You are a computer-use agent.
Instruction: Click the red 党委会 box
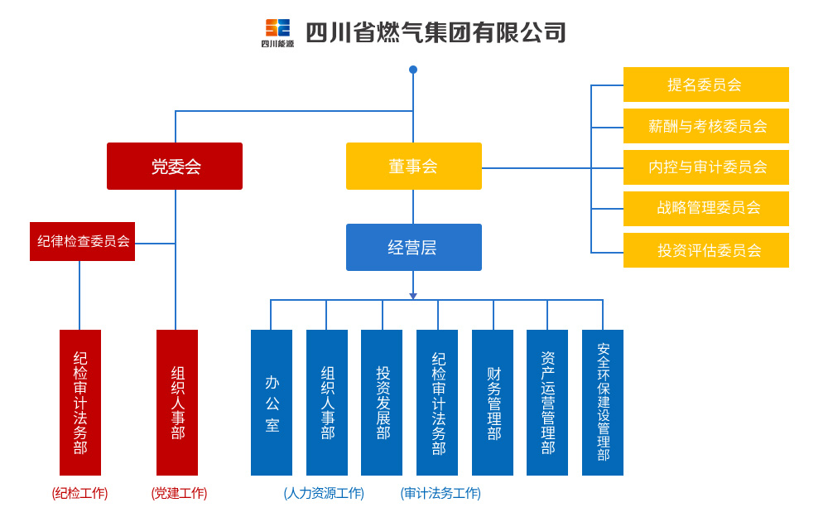175,166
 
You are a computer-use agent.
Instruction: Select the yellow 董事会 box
414,166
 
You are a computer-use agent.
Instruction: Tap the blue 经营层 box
414,247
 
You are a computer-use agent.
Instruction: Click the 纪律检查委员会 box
82,241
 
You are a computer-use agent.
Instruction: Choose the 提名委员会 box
706,85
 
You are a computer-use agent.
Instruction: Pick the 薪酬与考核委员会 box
706,126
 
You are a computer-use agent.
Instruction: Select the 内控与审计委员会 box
706,167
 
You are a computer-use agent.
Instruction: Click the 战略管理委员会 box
706,209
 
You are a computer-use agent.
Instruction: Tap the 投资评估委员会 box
706,250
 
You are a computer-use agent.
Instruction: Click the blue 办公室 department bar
272,403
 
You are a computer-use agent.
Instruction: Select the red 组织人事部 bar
177,403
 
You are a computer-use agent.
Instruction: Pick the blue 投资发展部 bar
382,403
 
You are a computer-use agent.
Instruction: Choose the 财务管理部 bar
493,403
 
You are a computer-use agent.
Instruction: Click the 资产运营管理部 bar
547,403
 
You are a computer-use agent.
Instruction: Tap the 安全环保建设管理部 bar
603,403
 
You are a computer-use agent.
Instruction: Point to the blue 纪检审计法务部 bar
437,403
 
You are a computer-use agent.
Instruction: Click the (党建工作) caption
179,494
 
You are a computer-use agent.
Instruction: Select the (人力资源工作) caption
324,494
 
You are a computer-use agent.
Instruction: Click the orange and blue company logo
277,33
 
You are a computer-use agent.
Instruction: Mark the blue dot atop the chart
413,70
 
